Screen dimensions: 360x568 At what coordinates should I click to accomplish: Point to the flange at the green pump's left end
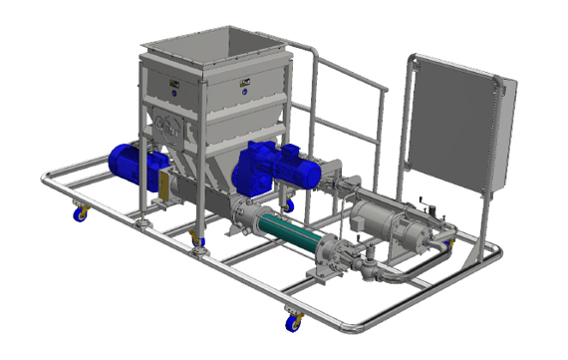240,210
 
